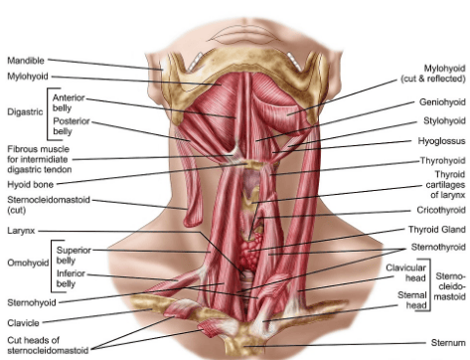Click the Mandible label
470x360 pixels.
(x=26, y=61)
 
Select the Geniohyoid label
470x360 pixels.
(x=442, y=101)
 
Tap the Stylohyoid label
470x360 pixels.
(x=444, y=120)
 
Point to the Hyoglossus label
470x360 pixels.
(x=441, y=141)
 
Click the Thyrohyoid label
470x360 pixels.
(x=443, y=160)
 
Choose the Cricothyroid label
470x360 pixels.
(x=441, y=210)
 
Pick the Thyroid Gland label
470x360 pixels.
(x=437, y=230)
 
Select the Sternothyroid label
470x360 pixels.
(x=438, y=247)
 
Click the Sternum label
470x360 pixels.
(x=448, y=342)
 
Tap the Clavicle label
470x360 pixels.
(x=23, y=322)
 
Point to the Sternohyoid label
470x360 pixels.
(x=32, y=302)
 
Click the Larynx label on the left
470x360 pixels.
(x=21, y=231)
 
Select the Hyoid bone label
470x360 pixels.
(x=30, y=184)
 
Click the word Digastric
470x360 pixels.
(x=25, y=111)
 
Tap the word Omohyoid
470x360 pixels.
(x=28, y=263)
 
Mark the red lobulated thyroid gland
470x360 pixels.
(x=250, y=252)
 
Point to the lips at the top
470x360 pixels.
(x=245, y=33)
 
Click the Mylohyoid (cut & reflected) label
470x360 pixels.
(x=433, y=74)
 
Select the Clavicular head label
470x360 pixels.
(x=405, y=272)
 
